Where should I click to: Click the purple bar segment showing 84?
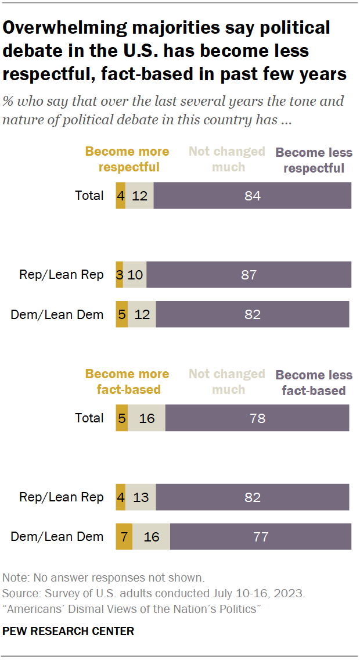pos(252,195)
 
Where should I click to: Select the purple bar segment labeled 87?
pos(249,275)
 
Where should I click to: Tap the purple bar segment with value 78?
pos(257,418)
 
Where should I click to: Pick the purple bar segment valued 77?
pos(261,536)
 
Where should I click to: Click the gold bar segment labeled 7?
pos(124,536)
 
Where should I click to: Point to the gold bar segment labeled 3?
pos(119,275)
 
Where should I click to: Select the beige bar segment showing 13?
pos(141,497)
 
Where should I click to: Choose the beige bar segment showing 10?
pos(135,275)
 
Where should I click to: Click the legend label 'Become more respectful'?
pos(127,159)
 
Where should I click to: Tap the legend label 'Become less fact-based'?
pos(314,382)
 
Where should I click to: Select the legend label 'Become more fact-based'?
pos(127,382)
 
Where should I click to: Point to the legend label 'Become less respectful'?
pos(314,160)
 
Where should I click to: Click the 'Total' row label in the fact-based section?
pos(89,418)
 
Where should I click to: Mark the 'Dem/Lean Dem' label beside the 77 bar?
pos(57,536)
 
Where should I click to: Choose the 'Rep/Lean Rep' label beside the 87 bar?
pos(61,275)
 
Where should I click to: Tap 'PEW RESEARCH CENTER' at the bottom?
pos(69,631)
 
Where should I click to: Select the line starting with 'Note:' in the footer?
pos(103,578)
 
